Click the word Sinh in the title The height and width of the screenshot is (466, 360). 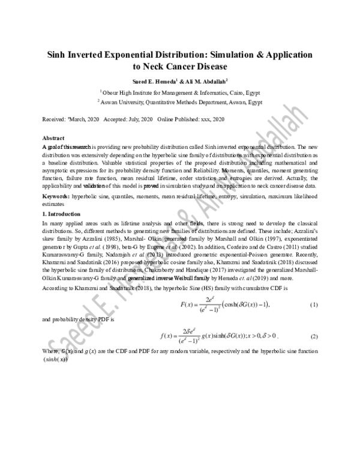[59, 54]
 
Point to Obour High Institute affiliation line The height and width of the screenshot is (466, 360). [180, 92]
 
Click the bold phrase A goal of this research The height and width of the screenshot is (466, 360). [67, 146]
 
